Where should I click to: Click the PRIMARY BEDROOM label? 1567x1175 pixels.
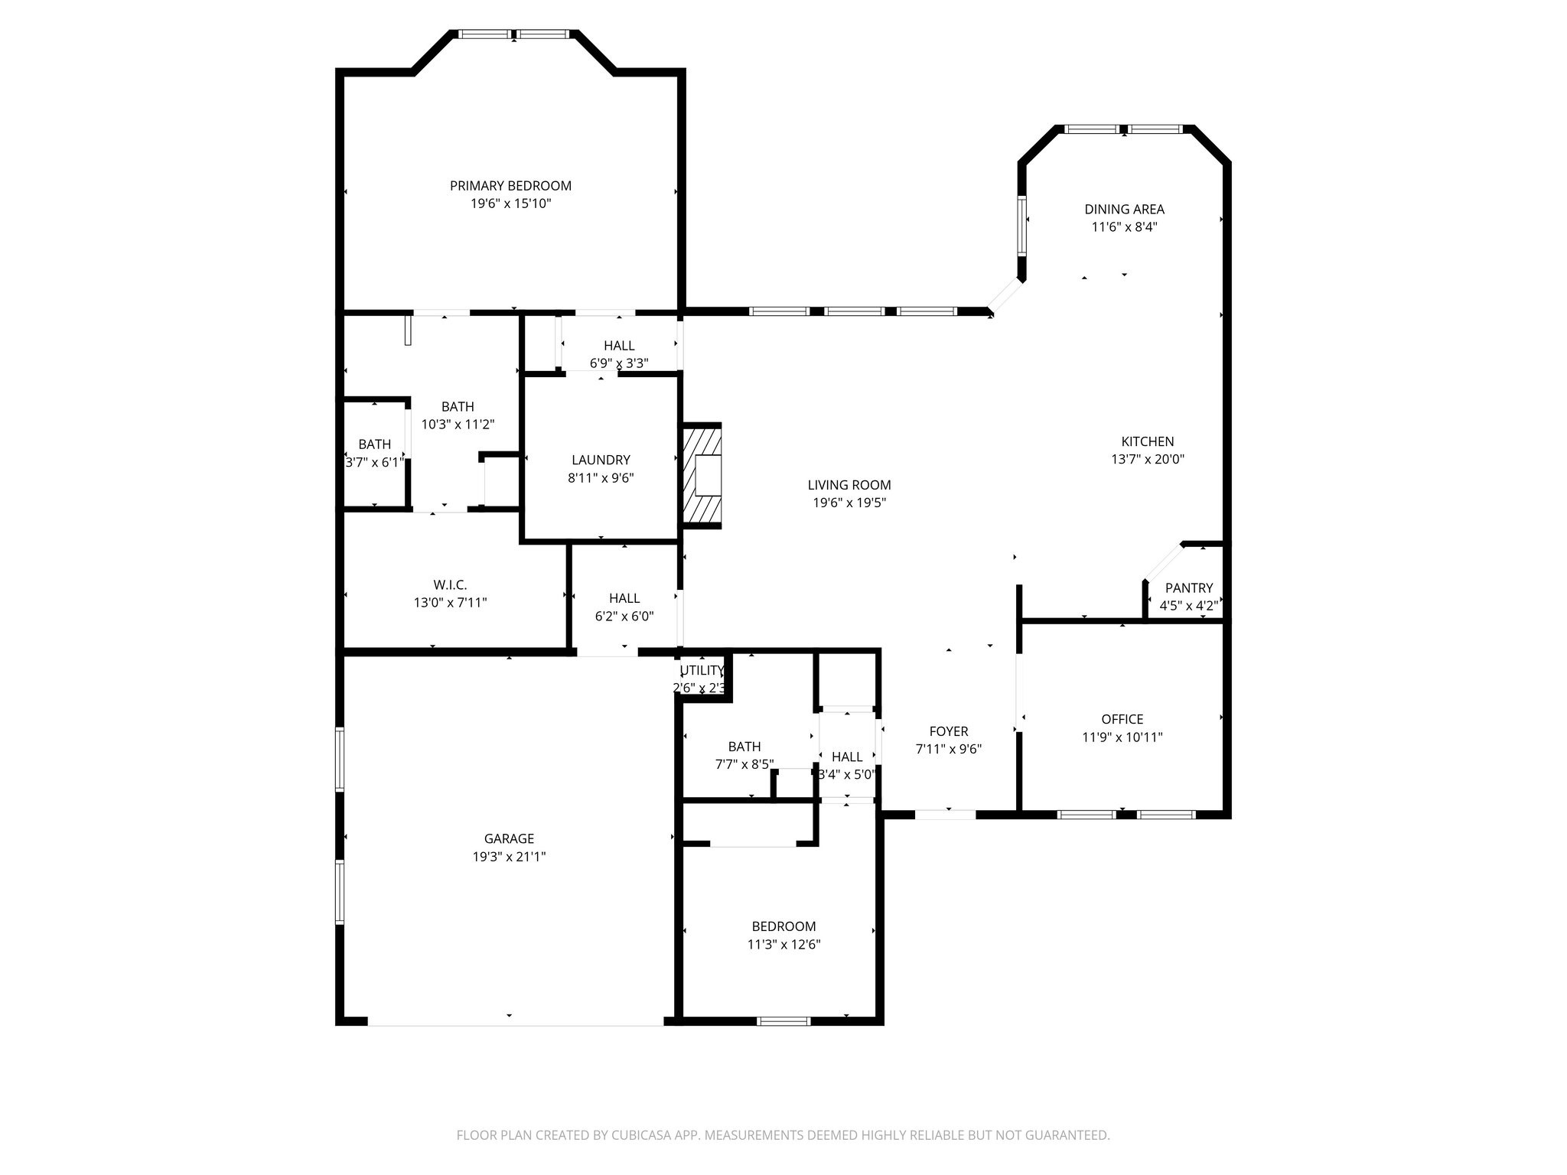[510, 186]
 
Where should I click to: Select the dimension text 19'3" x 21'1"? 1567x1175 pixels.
[509, 857]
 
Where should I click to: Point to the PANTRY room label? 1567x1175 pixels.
[1188, 587]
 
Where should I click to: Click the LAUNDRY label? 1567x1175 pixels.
[601, 460]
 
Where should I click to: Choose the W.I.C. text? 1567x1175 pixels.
[450, 584]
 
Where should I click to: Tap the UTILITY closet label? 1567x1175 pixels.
[702, 671]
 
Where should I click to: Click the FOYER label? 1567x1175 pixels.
[949, 731]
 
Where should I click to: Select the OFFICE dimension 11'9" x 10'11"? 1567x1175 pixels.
[1122, 737]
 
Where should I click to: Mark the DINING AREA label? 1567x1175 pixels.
[1124, 209]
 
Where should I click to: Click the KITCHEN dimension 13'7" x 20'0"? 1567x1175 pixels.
[1148, 460]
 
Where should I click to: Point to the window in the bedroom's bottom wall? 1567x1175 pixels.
[783, 1020]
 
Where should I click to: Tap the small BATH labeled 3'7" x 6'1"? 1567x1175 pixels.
[374, 444]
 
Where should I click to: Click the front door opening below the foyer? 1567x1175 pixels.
[945, 815]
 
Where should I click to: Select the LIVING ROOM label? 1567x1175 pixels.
[849, 485]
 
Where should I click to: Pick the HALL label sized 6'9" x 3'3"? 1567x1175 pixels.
[618, 346]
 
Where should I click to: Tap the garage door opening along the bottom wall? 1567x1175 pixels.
[515, 1022]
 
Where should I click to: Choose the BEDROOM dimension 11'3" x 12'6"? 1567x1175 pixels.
[783, 944]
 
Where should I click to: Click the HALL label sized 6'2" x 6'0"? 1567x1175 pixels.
[624, 598]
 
